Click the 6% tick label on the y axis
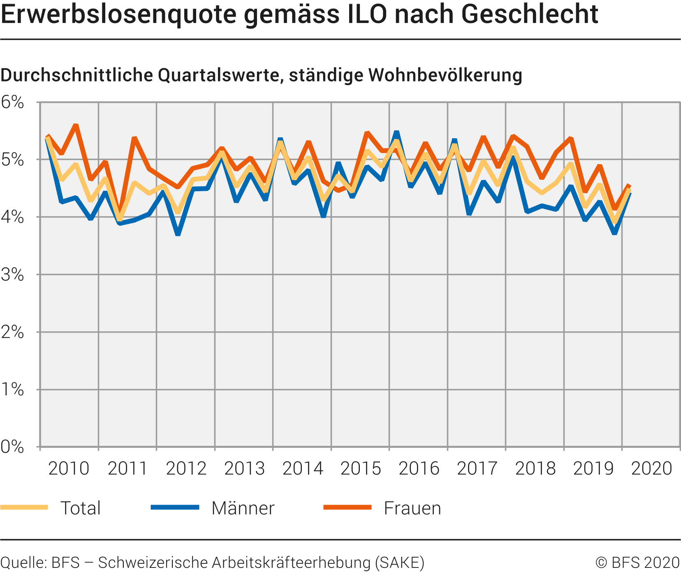pyautogui.click(x=12, y=102)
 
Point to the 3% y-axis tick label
pyautogui.click(x=12, y=275)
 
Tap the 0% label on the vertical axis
pyautogui.click(x=12, y=447)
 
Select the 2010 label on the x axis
pyautogui.click(x=69, y=468)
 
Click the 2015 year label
pyautogui.click(x=361, y=468)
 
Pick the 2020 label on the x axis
pyautogui.click(x=651, y=468)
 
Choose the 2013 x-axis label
pyautogui.click(x=244, y=468)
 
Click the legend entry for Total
pyautogui.click(x=80, y=508)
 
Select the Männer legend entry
pyautogui.click(x=243, y=508)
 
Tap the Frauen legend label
pyautogui.click(x=412, y=508)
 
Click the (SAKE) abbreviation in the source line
pyautogui.click(x=399, y=563)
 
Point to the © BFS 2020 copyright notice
pyautogui.click(x=637, y=563)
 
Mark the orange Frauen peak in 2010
pyautogui.click(x=76, y=125)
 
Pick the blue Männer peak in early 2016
pyautogui.click(x=396, y=132)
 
